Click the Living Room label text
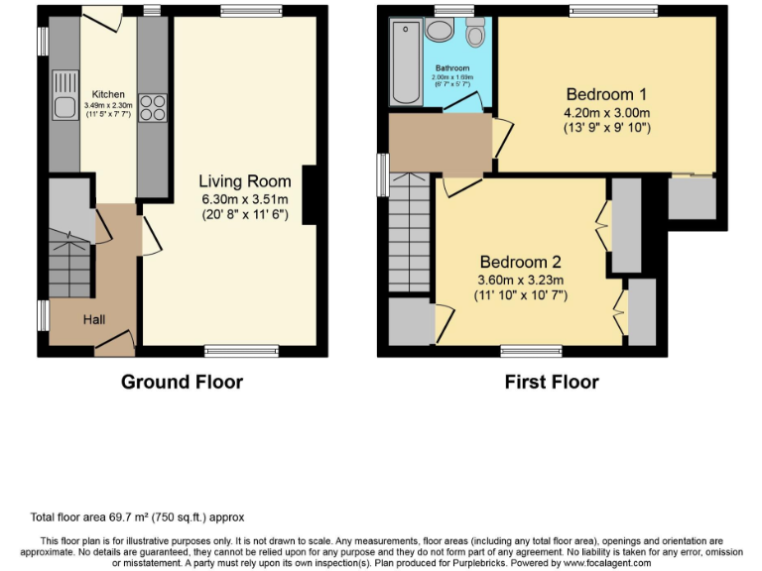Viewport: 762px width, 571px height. tap(244, 181)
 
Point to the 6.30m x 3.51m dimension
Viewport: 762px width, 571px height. tap(244, 198)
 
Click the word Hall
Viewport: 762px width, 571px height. tap(94, 319)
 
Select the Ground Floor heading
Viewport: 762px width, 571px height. tap(182, 382)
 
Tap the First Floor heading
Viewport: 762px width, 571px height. tap(551, 382)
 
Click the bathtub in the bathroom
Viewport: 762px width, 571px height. tap(407, 61)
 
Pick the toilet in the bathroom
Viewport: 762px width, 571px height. tap(475, 34)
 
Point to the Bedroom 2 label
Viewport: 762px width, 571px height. tap(520, 263)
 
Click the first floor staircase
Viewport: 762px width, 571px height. tap(408, 232)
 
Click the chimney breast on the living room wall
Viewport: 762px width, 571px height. tap(310, 194)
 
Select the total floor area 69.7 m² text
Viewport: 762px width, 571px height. tap(135, 516)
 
